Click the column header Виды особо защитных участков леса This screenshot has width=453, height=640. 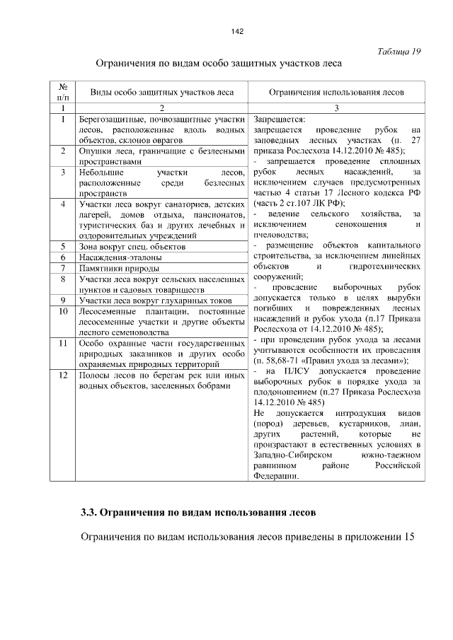tap(161, 93)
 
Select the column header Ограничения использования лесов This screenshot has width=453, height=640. tap(336, 93)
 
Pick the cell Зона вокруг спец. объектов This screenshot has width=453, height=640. tap(132, 247)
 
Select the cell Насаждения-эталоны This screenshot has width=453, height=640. tap(115, 257)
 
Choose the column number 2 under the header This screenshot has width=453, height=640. tap(161, 108)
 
